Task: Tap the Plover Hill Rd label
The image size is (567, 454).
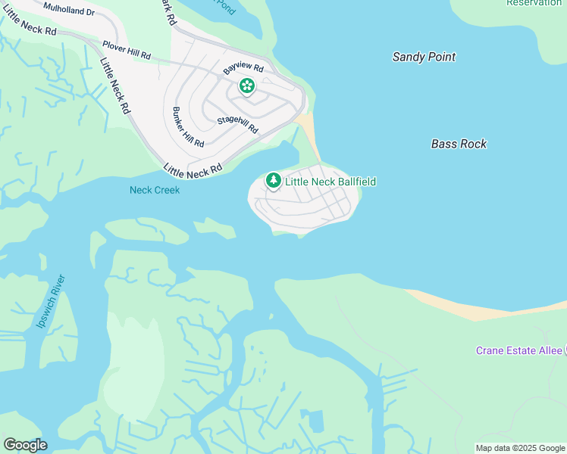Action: [x=127, y=51]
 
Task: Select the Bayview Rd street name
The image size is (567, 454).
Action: [x=243, y=67]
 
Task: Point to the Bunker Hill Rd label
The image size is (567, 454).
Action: [x=189, y=127]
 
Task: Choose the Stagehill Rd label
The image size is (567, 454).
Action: [x=237, y=125]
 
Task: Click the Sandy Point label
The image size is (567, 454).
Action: [x=424, y=57]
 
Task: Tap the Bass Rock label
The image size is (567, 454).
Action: [x=459, y=144]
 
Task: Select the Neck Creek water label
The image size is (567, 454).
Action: [x=155, y=190]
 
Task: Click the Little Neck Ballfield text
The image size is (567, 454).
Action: [x=330, y=182]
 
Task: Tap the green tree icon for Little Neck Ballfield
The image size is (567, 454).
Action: [x=274, y=180]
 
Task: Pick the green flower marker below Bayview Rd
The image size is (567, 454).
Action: [x=246, y=86]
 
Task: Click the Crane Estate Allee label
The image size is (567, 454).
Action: [x=519, y=350]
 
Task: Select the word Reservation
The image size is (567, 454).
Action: [x=534, y=3]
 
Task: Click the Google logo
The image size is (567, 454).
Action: [x=25, y=445]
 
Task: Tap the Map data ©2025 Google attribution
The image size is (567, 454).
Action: [x=520, y=448]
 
